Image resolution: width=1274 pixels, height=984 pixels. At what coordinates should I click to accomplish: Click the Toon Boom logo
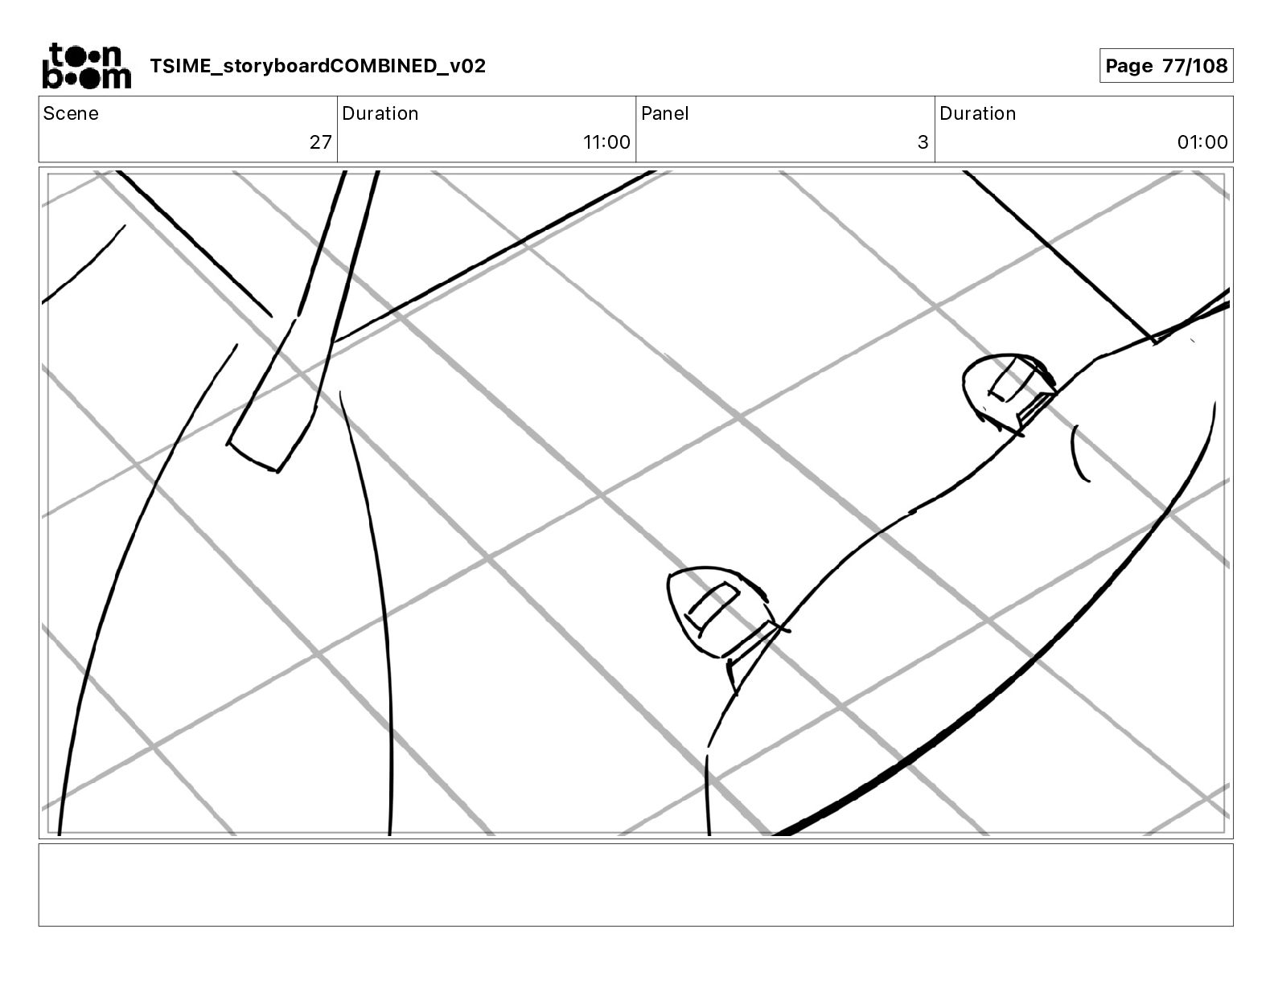coord(87,66)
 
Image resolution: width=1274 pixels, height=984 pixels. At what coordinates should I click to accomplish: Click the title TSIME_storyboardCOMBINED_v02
coord(318,66)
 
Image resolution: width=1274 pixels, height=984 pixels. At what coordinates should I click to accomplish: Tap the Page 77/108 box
coord(1166,66)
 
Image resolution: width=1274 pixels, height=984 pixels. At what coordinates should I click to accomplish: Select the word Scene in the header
coord(71,113)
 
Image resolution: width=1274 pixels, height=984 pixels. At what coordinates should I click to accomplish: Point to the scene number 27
coord(321,141)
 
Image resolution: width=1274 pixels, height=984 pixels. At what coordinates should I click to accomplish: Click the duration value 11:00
coord(606,141)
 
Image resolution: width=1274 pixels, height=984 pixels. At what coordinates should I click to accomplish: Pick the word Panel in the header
coord(665,113)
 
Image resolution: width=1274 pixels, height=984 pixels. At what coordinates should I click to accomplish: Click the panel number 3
coord(923,141)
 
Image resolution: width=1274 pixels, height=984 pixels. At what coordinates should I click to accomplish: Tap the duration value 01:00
coord(1202,141)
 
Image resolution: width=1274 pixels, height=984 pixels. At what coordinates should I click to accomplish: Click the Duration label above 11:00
coord(380,113)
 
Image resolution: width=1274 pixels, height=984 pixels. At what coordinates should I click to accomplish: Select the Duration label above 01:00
coord(977,113)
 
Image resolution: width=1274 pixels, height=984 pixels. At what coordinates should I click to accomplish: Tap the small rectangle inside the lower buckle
coord(712,609)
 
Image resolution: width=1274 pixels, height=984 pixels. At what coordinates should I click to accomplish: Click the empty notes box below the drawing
coord(636,885)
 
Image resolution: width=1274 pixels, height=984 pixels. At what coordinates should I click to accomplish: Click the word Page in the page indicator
coord(1128,66)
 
